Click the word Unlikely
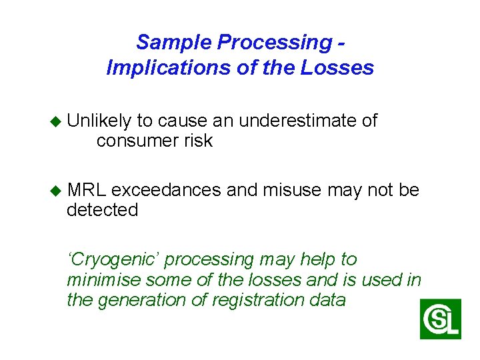[x=99, y=121]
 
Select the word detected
[x=103, y=210]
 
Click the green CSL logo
[x=440, y=319]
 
